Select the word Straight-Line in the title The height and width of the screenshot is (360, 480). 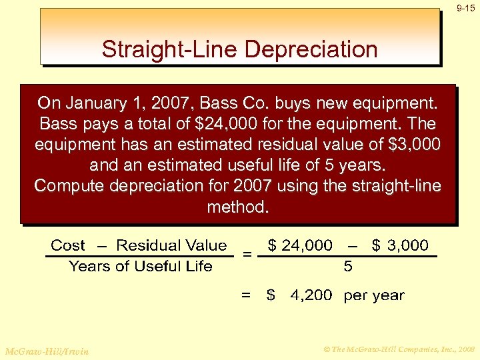(164, 49)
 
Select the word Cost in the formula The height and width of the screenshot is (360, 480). (68, 245)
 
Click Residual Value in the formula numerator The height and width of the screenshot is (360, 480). (171, 245)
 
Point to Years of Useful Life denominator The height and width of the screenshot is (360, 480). (140, 267)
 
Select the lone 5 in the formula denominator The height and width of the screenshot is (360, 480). (348, 267)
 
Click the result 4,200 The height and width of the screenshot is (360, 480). (311, 295)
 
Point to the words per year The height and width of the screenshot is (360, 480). (374, 295)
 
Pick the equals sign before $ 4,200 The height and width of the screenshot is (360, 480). (247, 295)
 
